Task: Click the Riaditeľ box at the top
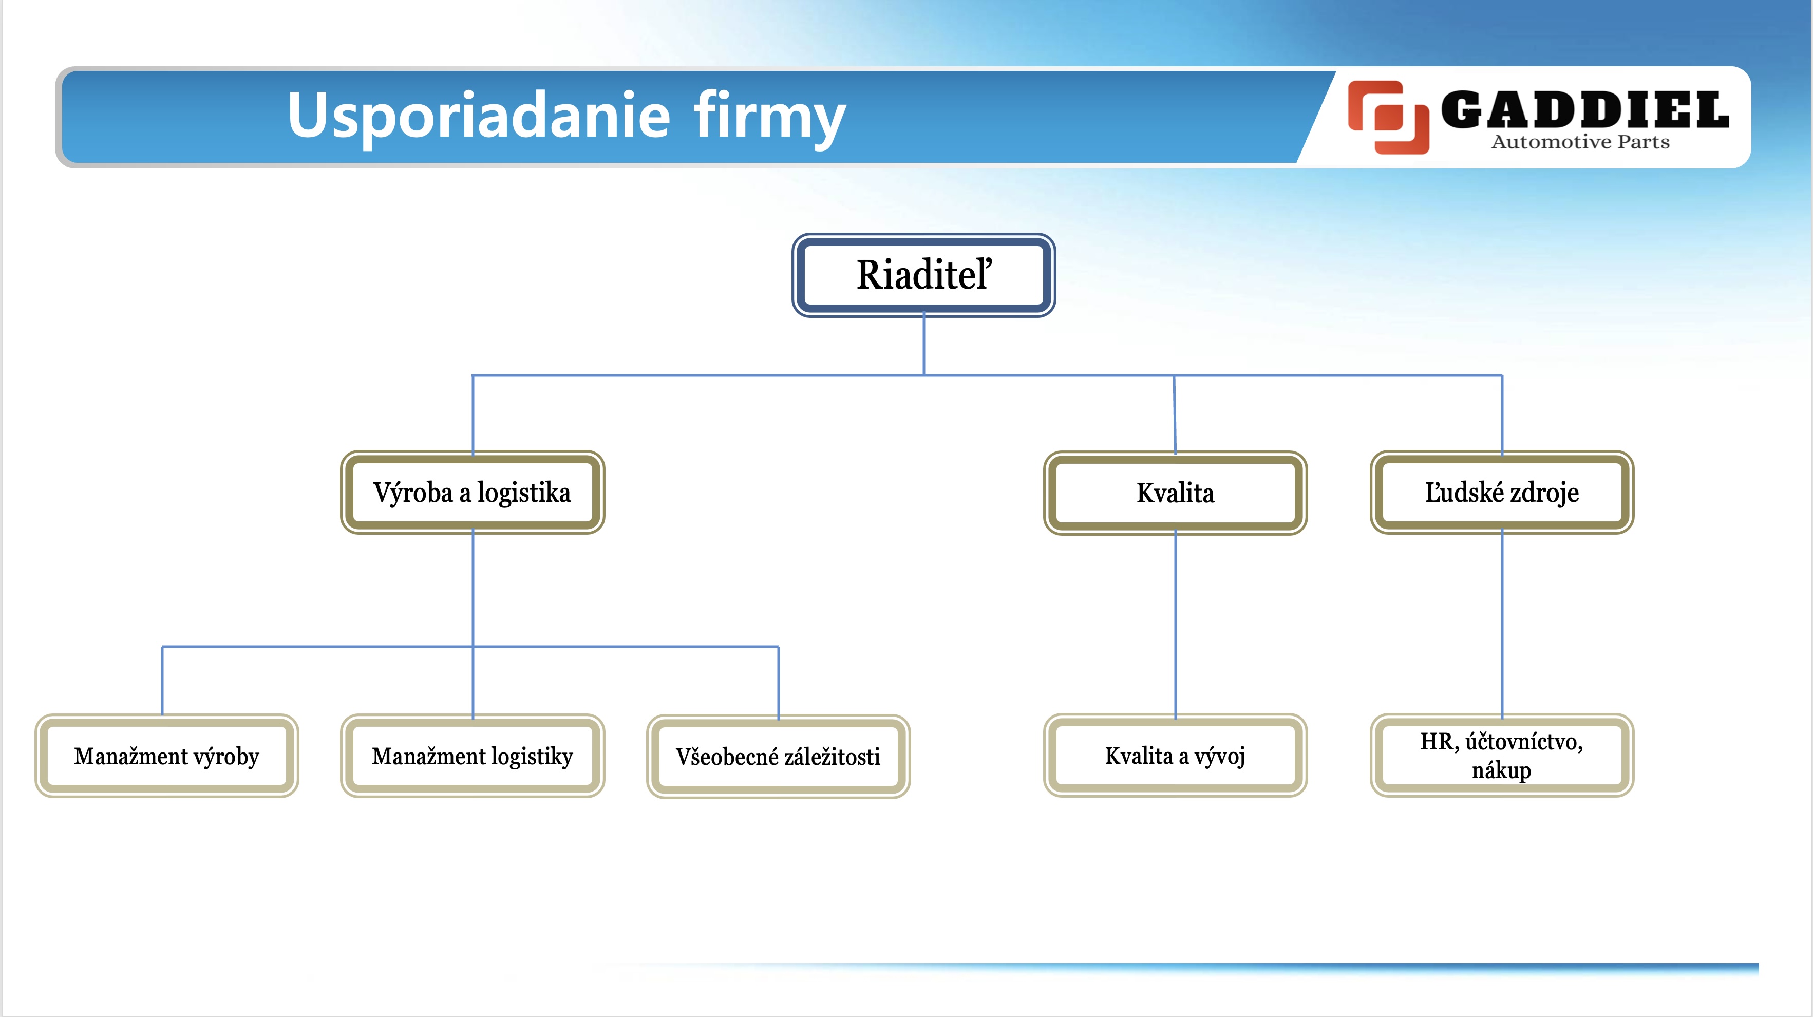923,275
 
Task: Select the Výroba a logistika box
472,492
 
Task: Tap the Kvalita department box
1175,493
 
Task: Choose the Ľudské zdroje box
1502,492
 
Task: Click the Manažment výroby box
167,756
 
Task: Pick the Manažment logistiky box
472,756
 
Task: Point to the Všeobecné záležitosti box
779,757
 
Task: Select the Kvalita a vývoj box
1175,755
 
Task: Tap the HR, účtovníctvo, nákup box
1502,755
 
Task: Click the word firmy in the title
769,117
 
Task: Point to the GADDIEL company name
1585,110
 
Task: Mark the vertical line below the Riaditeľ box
923,345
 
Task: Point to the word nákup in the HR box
1501,770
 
